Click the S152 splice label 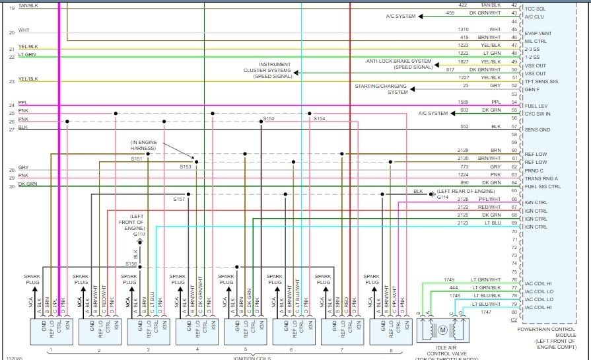(x=269, y=118)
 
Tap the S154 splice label (x=319, y=118)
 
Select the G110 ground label (x=139, y=234)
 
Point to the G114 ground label (x=442, y=197)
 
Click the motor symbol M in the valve (x=443, y=329)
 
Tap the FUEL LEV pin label (x=536, y=106)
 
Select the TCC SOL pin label (x=535, y=8)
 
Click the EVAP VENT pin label (x=538, y=33)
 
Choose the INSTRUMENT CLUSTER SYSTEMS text (x=267, y=71)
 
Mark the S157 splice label (x=179, y=199)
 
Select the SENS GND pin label (x=537, y=130)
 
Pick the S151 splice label (x=137, y=159)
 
